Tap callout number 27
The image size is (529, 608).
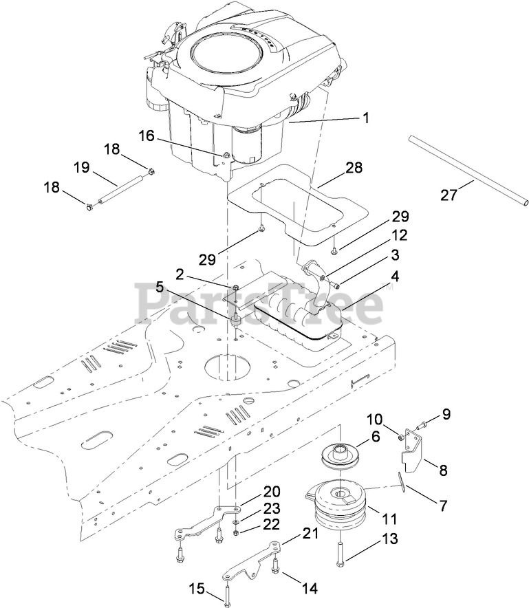(x=449, y=196)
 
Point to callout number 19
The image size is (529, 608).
(x=82, y=167)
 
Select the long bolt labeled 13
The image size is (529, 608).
(x=339, y=550)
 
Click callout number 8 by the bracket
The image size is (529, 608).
(x=443, y=471)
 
